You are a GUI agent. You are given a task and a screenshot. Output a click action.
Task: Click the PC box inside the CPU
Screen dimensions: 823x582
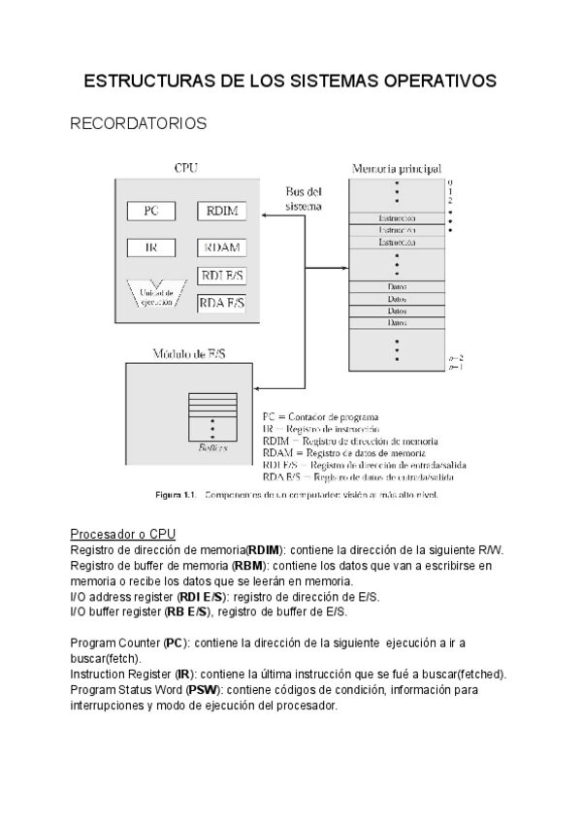point(150,211)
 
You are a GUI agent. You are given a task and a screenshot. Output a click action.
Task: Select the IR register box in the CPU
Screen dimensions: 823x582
point(150,247)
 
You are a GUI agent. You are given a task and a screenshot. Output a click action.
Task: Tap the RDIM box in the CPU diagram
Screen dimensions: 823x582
point(222,211)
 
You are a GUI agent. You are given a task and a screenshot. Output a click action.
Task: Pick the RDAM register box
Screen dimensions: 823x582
point(222,247)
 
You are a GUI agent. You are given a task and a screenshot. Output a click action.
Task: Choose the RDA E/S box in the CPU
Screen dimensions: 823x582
point(222,303)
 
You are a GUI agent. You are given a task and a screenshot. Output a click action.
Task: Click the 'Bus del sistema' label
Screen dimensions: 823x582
point(304,199)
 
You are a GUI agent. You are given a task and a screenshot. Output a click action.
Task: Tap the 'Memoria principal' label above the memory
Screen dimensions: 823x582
point(397,167)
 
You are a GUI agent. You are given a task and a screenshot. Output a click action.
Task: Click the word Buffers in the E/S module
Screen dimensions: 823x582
point(213,447)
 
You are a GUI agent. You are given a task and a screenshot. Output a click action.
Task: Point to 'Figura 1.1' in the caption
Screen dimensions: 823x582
point(178,496)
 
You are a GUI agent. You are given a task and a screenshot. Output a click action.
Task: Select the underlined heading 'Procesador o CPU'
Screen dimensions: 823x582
point(122,535)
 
